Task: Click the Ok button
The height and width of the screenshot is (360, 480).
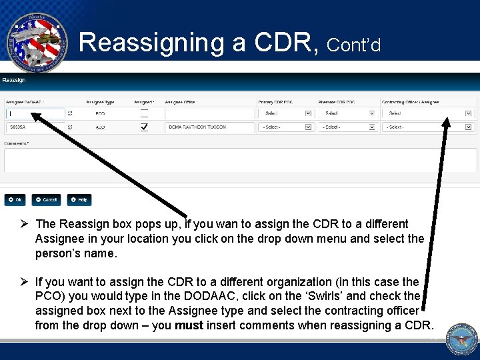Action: click(x=15, y=199)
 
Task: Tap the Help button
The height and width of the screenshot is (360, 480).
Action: click(x=79, y=199)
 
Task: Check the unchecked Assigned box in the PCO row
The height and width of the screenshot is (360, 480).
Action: click(x=144, y=113)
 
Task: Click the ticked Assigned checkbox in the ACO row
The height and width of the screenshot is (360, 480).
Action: click(x=144, y=127)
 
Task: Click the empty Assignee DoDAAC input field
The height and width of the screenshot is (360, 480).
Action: click(x=35, y=113)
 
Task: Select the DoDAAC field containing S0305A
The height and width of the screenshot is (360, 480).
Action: click(x=35, y=127)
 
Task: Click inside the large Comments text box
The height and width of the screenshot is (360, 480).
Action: click(x=240, y=160)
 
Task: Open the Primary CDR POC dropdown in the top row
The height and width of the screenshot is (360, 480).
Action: click(x=285, y=113)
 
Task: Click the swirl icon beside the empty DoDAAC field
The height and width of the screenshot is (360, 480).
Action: click(x=71, y=113)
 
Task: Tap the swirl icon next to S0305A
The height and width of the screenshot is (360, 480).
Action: click(x=71, y=127)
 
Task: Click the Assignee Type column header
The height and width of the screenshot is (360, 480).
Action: click(x=100, y=102)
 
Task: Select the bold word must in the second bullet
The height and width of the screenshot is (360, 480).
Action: click(x=189, y=325)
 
